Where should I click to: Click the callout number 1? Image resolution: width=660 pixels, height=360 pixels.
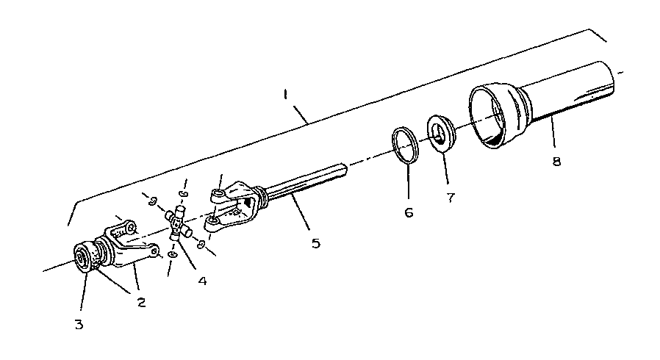point(285,95)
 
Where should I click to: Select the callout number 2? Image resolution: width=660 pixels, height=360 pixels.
point(141,302)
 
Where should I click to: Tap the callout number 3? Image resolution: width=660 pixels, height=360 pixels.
point(79,324)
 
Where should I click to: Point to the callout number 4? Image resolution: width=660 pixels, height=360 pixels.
point(202,281)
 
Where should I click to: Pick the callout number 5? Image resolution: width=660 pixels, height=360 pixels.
point(316,243)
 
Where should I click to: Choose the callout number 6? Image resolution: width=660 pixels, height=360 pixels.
point(409,212)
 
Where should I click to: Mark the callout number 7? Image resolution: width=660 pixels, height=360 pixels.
point(451,197)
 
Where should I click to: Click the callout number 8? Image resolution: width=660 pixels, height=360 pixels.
point(556,161)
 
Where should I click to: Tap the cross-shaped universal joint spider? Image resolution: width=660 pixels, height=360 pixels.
point(179,223)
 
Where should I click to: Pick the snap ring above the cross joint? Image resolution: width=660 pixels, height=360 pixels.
point(183,194)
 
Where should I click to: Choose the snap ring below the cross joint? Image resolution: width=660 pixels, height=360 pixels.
point(172,255)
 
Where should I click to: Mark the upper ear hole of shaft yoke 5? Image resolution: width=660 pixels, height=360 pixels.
point(218,194)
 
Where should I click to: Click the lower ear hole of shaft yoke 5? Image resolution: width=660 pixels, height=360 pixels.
point(213,221)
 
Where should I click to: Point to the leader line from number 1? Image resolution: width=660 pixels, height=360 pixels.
point(301,114)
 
